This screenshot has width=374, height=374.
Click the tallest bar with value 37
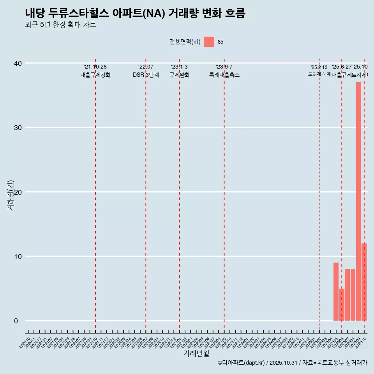(358, 201)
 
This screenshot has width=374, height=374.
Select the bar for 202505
(336, 291)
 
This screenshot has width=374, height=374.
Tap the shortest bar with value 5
(342, 305)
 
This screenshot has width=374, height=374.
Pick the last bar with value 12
(364, 282)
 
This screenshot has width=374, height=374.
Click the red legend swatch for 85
(209, 42)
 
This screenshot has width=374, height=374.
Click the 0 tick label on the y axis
(16, 321)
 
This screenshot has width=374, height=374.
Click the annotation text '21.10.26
(95, 67)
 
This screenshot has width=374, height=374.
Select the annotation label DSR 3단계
(146, 75)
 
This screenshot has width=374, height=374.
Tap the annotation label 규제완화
(179, 75)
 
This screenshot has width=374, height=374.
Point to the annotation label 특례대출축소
(224, 75)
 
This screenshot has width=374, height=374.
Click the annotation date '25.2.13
(319, 67)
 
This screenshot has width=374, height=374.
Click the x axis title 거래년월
(196, 354)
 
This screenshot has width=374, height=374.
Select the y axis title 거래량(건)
(11, 195)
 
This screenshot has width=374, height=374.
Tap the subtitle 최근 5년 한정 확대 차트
(60, 25)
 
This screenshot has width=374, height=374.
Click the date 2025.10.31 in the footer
(283, 363)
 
